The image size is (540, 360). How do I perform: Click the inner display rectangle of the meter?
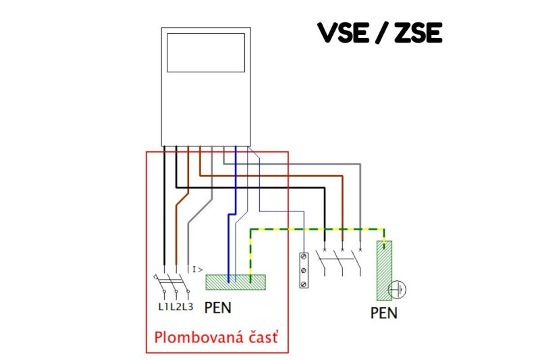coord(205,52)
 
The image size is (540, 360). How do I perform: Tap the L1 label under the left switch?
coord(163,307)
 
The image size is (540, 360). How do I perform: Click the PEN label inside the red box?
coord(217,308)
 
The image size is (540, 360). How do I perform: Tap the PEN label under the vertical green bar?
coord(384,313)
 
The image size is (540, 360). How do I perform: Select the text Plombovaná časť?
coord(216,337)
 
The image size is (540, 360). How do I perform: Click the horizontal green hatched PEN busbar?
coord(236,282)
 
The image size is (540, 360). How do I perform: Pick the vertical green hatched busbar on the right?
coord(384,270)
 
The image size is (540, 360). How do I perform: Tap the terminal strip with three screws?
coord(304,270)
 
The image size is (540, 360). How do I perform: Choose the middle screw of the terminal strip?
coord(304,270)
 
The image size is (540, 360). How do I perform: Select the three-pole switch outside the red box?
coord(342,263)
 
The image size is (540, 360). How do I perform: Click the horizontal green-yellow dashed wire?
coord(317,229)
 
